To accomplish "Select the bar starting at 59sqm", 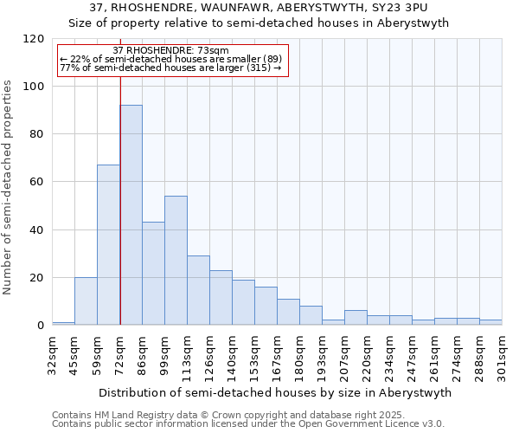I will [108, 244].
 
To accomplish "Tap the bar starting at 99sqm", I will [176, 260].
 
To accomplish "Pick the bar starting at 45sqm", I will [86, 301].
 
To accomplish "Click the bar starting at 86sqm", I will [153, 273].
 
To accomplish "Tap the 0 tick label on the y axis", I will [40, 326].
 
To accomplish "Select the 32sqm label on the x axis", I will [52, 354].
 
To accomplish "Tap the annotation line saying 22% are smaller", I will [170, 59].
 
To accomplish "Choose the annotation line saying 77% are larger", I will [170, 68].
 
